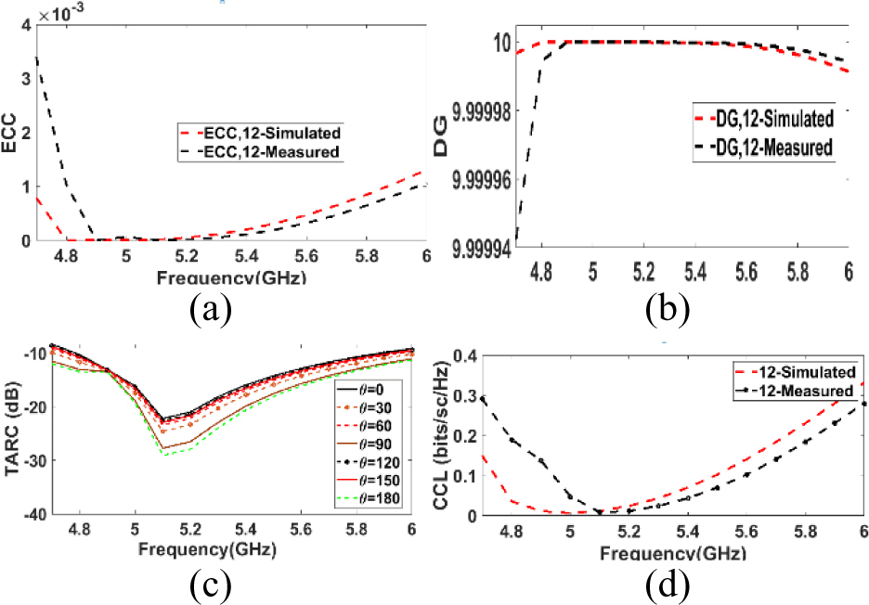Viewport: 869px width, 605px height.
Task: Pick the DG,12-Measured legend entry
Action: click(770, 147)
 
